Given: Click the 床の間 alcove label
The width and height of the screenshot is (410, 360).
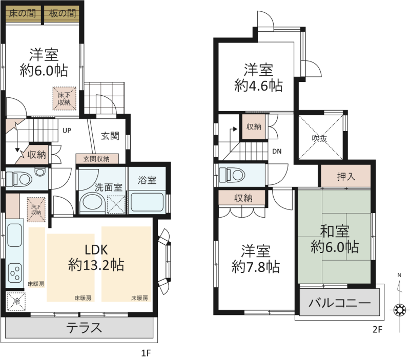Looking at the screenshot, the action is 22,13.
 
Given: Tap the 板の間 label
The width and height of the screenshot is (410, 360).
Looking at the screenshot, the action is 63,13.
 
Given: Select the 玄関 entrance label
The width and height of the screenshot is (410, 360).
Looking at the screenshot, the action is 110,136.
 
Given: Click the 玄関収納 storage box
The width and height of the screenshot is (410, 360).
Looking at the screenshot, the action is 97,159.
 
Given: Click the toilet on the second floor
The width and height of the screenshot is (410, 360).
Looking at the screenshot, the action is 232,175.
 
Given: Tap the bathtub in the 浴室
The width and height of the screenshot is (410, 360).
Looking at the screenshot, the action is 147,202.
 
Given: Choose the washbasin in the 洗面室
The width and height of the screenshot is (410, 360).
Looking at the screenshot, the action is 93,202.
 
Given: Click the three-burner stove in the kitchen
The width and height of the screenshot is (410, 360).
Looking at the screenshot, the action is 15,273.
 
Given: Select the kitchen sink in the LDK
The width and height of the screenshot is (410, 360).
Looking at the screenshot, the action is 15,235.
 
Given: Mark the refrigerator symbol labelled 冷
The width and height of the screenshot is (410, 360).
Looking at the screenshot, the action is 16,302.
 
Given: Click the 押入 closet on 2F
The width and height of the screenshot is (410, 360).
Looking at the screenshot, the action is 345,176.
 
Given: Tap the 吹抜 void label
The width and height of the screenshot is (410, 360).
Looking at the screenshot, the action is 319,138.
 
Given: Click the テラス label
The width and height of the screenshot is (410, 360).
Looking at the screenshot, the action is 84,328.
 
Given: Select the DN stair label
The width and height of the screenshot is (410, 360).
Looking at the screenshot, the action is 277,151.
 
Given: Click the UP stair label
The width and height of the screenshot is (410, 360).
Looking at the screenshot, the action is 67,131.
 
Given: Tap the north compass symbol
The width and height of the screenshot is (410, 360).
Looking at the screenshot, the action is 399,310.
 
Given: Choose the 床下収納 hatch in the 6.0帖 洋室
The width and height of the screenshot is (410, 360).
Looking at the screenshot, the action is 65,98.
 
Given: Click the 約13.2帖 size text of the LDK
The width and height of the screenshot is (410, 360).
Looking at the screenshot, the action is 96,265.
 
